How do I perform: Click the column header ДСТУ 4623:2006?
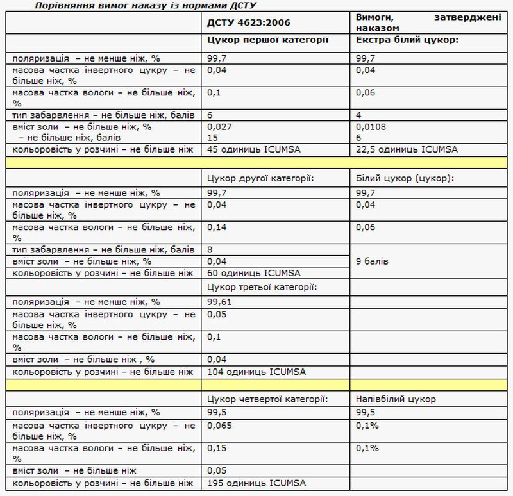(x=249, y=23)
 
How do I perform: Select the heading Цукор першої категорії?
(x=268, y=40)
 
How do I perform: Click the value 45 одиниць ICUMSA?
(x=254, y=150)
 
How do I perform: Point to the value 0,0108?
(x=370, y=127)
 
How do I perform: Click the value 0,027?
(x=219, y=127)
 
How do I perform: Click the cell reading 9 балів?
(x=372, y=261)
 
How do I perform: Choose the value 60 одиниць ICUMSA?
(x=254, y=273)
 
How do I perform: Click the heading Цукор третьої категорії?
(x=263, y=286)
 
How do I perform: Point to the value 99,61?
(x=219, y=302)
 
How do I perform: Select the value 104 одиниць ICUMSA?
(x=256, y=372)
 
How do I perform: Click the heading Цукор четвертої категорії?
(x=268, y=399)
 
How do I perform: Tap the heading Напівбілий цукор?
(x=396, y=399)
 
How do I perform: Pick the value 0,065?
(x=219, y=426)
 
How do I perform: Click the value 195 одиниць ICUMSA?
(x=256, y=483)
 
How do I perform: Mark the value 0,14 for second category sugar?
(x=217, y=227)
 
